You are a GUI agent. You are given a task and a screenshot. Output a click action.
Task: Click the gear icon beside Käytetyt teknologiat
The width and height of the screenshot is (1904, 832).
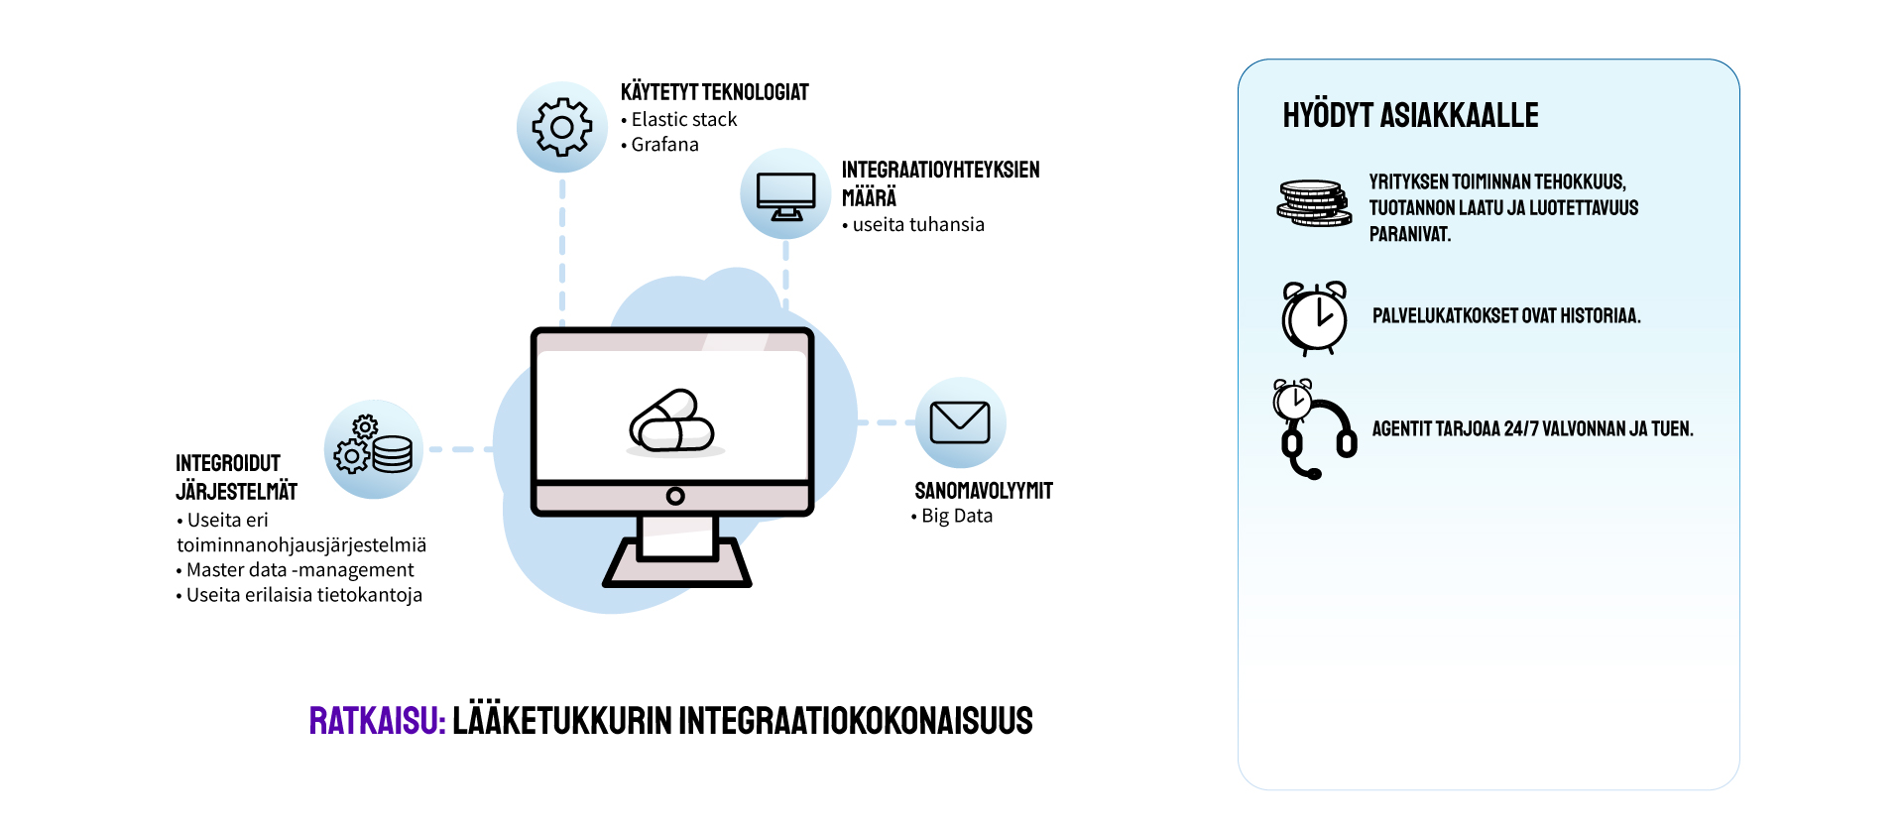[x=562, y=127]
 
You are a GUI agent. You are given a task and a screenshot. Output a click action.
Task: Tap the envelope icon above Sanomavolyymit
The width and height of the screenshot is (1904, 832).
[x=960, y=422]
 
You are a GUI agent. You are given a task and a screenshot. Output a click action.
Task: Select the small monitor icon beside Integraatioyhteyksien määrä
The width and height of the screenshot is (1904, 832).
[x=785, y=194]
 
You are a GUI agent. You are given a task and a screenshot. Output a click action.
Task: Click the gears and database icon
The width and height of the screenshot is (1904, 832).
[x=374, y=449]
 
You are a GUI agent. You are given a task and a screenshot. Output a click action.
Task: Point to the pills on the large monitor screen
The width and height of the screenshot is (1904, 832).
[x=672, y=421]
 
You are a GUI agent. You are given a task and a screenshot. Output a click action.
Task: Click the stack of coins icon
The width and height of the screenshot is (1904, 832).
[x=1314, y=203]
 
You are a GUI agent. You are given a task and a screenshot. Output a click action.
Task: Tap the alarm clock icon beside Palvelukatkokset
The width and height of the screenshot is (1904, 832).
[x=1314, y=317]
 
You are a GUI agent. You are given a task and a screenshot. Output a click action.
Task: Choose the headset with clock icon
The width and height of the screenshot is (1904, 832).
[x=1314, y=428]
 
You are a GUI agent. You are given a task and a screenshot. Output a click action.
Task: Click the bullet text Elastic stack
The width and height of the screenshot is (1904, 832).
[x=684, y=119]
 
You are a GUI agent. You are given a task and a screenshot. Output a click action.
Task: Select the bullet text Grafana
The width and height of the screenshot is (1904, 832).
[x=664, y=145]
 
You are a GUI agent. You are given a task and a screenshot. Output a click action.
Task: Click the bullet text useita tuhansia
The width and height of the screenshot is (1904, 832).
[x=918, y=225]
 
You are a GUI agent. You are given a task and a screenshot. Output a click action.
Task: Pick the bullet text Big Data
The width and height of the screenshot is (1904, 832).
[x=956, y=516]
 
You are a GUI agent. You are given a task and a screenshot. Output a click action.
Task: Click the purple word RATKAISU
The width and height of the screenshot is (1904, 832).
[x=377, y=721]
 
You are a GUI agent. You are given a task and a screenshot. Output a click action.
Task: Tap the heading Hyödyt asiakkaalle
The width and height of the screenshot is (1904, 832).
[x=1410, y=116]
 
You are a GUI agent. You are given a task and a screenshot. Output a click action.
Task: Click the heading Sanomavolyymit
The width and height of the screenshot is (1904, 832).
[x=984, y=491]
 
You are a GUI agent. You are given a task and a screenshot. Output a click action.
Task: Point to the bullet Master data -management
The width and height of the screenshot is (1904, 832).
[x=299, y=570]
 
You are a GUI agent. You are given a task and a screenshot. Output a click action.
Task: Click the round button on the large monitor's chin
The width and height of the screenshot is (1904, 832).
[x=675, y=496]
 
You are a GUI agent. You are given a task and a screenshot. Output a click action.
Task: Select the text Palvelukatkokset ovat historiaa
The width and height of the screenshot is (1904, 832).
[x=1506, y=316]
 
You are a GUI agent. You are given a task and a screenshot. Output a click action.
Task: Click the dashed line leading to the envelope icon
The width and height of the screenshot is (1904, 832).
[x=885, y=422]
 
